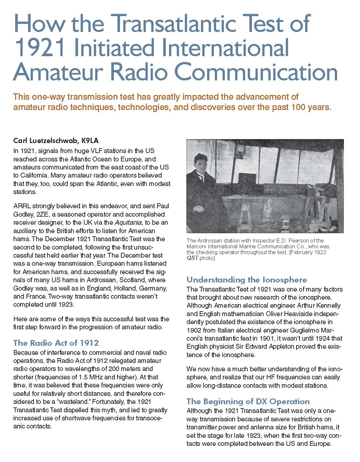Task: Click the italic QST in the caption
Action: (192, 258)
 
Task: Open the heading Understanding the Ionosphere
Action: (247, 280)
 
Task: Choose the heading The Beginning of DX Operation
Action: (248, 401)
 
